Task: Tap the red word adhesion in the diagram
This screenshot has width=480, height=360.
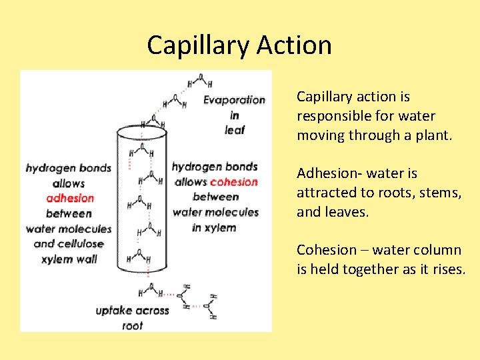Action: tap(70, 198)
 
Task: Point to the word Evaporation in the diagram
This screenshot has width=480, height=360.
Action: tap(234, 100)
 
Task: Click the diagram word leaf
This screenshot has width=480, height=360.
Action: tap(235, 130)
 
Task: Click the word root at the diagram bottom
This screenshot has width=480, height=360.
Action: tap(133, 326)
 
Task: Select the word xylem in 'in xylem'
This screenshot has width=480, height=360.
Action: tap(221, 227)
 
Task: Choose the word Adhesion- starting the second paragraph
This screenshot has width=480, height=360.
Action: tap(327, 173)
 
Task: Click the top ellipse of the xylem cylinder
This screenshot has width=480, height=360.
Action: tap(141, 131)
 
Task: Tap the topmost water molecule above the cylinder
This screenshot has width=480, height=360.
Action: tap(199, 81)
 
